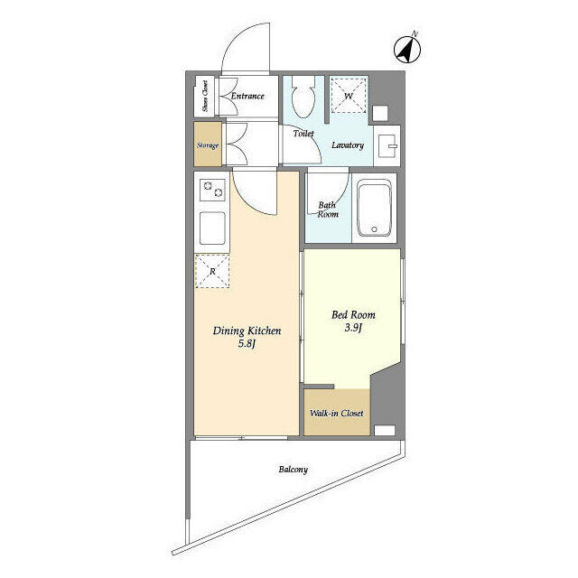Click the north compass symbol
coord(407,50)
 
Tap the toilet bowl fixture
coord(304,97)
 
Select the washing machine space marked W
coord(349,96)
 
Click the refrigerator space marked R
coord(212,271)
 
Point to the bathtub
coord(374,208)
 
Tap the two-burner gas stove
coord(213,190)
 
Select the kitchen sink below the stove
coord(212,228)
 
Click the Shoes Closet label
coord(205,97)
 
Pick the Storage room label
coord(208,145)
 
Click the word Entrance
coord(247,96)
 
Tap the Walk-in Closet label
coord(337,414)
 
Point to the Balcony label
coord(293,470)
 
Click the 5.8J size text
coord(247,344)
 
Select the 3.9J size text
coord(353,327)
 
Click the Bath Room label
coord(328,210)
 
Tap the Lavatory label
coord(348,145)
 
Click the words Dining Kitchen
coord(247,331)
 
